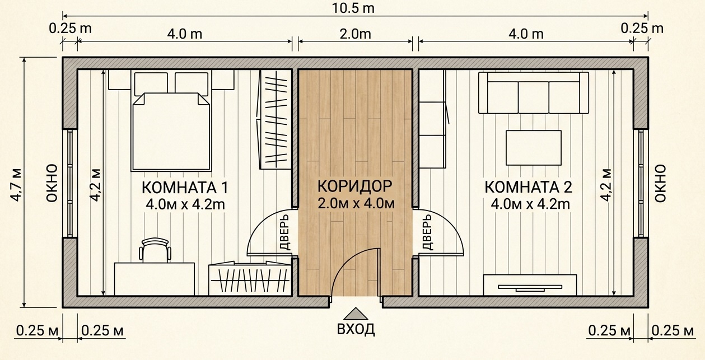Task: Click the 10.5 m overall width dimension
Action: [353, 8]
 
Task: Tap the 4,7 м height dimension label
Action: [16, 185]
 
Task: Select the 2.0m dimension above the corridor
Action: [355, 34]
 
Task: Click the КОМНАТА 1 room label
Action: [185, 188]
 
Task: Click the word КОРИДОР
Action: [354, 186]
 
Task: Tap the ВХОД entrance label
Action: [356, 329]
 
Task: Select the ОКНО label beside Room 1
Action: [52, 183]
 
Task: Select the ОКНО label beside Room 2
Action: [660, 183]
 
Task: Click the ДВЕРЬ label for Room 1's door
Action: [284, 232]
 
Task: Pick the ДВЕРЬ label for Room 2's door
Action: [427, 232]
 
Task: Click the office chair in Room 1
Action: [155, 250]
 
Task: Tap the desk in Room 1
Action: [154, 279]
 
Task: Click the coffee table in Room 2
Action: [534, 148]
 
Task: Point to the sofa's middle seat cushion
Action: [533, 97]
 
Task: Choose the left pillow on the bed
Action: [151, 83]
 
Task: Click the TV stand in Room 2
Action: [530, 285]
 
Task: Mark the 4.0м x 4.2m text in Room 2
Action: [530, 204]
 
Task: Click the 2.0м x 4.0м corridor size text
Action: [356, 204]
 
